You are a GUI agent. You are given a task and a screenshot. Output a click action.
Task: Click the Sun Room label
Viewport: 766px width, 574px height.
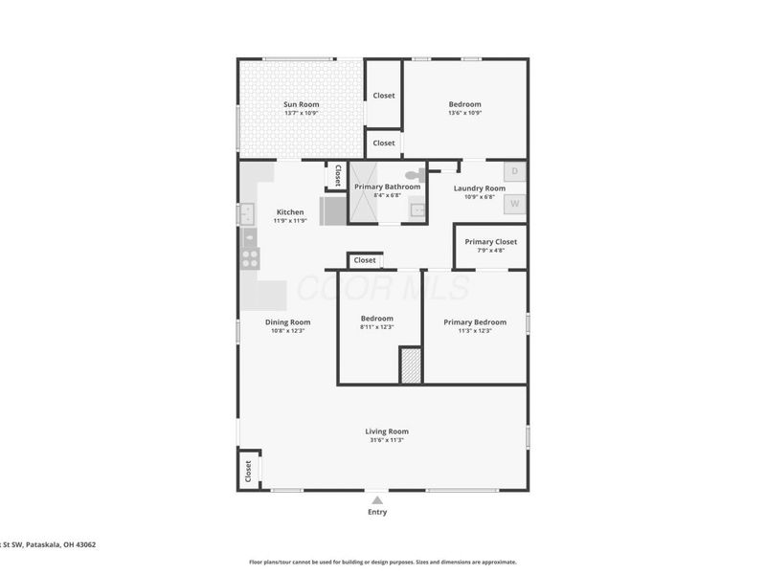(x=301, y=104)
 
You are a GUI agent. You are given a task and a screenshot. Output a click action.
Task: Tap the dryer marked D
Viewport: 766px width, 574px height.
(x=514, y=172)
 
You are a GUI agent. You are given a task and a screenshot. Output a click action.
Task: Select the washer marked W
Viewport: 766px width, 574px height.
(x=514, y=203)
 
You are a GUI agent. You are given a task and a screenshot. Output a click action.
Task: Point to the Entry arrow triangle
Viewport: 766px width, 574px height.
(x=377, y=500)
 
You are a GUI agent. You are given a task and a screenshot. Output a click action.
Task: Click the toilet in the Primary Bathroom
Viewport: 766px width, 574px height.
(x=415, y=175)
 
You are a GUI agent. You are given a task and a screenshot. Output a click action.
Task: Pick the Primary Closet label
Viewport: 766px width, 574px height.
(x=490, y=242)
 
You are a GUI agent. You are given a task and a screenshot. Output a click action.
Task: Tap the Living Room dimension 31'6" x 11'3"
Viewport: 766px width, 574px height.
(x=387, y=440)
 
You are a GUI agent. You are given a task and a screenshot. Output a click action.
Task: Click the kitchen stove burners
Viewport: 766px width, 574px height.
(x=249, y=256)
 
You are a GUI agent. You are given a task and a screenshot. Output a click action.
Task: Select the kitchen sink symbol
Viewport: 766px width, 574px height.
(x=247, y=213)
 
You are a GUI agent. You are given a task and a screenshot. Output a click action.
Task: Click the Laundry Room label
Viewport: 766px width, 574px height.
(x=479, y=188)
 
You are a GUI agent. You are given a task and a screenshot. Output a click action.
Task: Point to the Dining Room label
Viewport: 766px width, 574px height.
(x=287, y=322)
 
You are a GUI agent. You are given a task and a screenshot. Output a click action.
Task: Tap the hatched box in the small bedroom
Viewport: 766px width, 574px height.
(x=410, y=365)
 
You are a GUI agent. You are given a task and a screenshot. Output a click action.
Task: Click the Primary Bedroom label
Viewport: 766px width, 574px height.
(x=475, y=322)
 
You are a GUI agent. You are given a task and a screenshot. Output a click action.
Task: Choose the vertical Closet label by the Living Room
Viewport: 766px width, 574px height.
(x=248, y=471)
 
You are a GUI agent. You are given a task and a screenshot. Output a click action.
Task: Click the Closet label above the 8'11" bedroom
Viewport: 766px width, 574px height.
(x=365, y=260)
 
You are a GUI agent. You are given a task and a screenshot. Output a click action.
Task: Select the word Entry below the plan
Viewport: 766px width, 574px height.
(x=377, y=512)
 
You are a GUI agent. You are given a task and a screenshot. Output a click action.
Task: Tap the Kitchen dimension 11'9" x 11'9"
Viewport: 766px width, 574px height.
(x=290, y=221)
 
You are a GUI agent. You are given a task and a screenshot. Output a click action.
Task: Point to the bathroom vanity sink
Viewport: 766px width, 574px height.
(x=417, y=210)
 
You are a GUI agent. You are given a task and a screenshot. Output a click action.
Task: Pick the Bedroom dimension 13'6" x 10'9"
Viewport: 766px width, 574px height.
(x=464, y=113)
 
